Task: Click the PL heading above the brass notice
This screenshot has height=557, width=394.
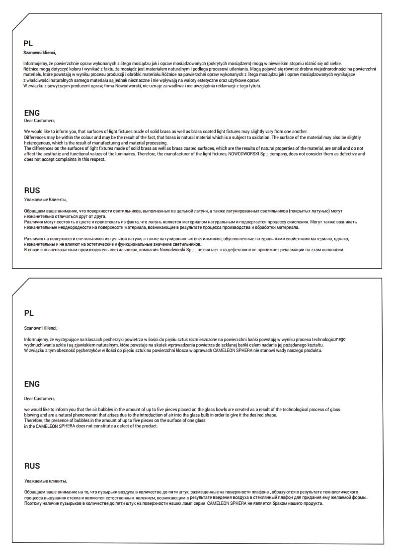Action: tap(28, 43)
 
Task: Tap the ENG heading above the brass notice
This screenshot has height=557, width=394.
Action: tap(32, 113)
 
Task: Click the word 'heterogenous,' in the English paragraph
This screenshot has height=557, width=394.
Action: tap(38, 143)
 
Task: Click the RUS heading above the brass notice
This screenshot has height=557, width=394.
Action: tap(32, 190)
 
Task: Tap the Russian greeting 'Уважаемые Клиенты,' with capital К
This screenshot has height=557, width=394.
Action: tap(45, 200)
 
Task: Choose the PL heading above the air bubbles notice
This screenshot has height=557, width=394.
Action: tap(28, 313)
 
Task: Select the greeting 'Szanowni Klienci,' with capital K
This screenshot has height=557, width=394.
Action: tap(41, 328)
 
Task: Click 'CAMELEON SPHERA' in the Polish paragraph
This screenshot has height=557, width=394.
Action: tap(230, 350)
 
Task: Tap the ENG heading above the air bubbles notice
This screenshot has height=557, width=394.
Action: tap(32, 384)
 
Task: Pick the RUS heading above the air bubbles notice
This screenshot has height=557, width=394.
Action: tap(32, 466)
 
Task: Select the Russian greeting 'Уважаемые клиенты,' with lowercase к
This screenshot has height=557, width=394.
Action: tap(45, 481)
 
